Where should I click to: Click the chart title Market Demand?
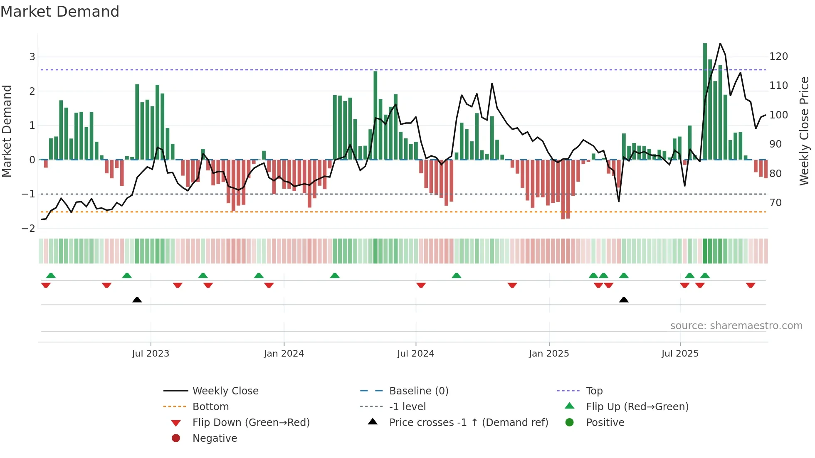pos(60,12)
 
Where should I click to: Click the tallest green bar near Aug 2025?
pos(705,101)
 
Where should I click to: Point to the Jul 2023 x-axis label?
pos(151,354)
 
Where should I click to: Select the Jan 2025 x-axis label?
pos(549,354)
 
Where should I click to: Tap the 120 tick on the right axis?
pos(778,57)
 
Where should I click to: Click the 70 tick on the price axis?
pos(775,203)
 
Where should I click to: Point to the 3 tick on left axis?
pos(32,57)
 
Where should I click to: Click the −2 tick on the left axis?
pos(29,229)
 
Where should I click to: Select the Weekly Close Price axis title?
pos(804,131)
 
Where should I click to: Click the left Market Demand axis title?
pos(7,131)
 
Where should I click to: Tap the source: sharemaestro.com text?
pos(736,326)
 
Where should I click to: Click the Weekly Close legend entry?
pos(225,391)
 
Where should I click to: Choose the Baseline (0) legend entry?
pos(418,391)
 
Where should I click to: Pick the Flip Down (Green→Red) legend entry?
pos(251,423)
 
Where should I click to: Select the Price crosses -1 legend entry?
pos(468,423)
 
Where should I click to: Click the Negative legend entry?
pos(215,438)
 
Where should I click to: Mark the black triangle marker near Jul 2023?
pos(137,300)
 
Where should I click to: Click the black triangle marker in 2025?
pos(624,300)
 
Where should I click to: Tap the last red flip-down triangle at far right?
pos(751,285)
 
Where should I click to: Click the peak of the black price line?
pos(720,44)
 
